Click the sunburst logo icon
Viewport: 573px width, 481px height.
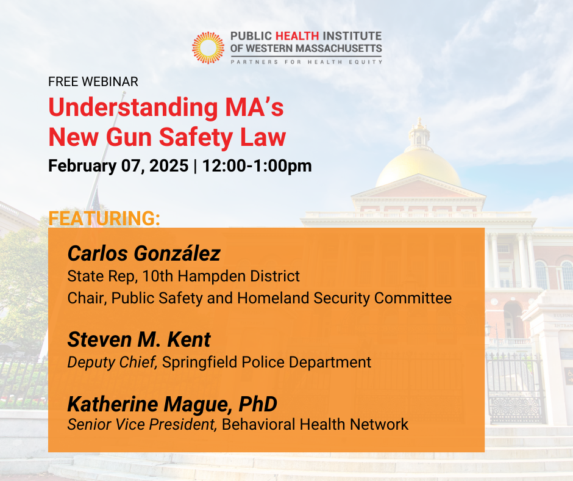pyautogui.click(x=208, y=48)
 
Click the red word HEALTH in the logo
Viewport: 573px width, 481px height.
pyautogui.click(x=297, y=36)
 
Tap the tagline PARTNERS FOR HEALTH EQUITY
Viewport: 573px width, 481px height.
pyautogui.click(x=306, y=62)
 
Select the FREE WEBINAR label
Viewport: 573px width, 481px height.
pyautogui.click(x=93, y=82)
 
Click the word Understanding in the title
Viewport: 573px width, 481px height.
pyautogui.click(x=133, y=107)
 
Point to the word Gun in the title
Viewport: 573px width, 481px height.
pyautogui.click(x=129, y=137)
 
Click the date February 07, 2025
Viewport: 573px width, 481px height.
pyautogui.click(x=118, y=165)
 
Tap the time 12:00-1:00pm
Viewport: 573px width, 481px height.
pyautogui.click(x=257, y=165)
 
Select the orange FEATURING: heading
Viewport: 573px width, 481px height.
pyautogui.click(x=104, y=218)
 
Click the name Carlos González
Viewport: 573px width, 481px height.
pyautogui.click(x=144, y=253)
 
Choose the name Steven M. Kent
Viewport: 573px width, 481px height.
pyautogui.click(x=139, y=339)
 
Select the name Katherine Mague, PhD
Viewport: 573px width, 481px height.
pyautogui.click(x=172, y=404)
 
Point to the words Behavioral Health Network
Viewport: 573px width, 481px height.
pyautogui.click(x=315, y=425)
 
